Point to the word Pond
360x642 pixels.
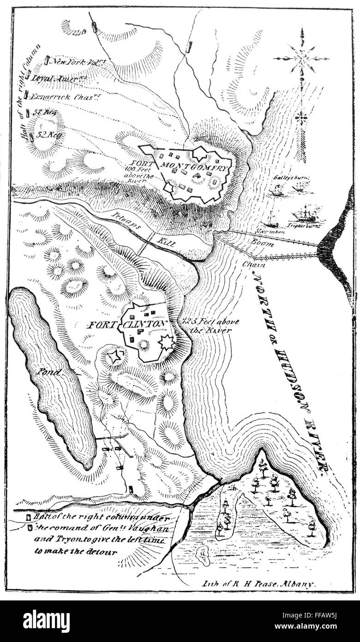coord(48,372)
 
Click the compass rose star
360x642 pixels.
coord(301,59)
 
